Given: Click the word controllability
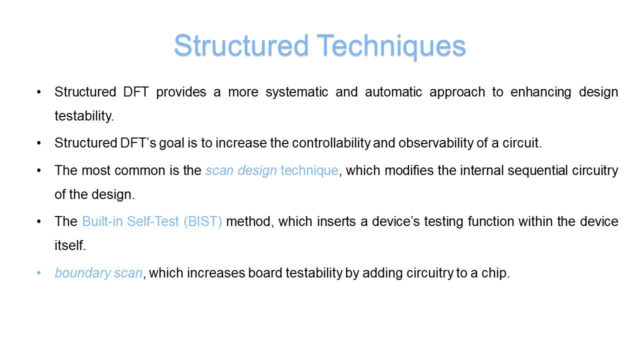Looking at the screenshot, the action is tap(331, 143).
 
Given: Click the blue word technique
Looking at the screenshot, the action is tap(309, 171).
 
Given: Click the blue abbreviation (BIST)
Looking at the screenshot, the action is tap(203, 221).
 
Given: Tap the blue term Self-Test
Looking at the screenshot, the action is tap(153, 221).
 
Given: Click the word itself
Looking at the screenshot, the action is tap(70, 245).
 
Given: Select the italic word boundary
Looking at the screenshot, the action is tap(83, 273).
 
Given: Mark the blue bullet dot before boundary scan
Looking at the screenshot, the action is tap(39, 273).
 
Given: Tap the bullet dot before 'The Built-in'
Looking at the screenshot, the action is tap(39, 221).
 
